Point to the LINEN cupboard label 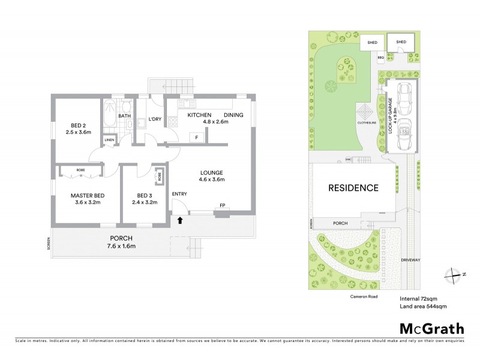tap(109, 140)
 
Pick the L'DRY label tap(154, 119)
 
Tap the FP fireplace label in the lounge tap(222, 206)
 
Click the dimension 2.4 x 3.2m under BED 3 tap(144, 203)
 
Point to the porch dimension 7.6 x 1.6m tap(121, 246)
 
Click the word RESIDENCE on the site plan tap(353, 188)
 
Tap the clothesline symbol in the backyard tap(365, 113)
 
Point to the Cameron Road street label tap(360, 296)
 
